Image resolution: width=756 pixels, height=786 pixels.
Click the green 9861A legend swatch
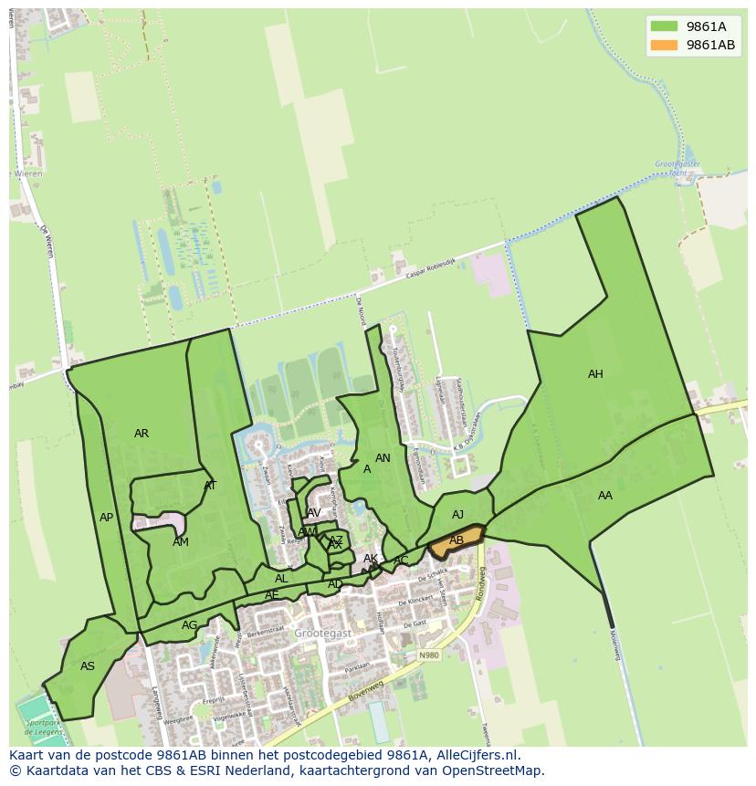[664, 26]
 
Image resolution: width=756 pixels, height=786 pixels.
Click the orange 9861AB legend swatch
[664, 45]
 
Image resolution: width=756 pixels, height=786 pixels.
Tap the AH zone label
[595, 374]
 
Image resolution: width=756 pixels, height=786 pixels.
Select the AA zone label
[605, 496]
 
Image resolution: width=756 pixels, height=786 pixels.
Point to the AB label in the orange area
[456, 540]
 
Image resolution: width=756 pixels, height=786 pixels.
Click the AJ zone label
[457, 515]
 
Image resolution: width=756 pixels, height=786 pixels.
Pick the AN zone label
[383, 458]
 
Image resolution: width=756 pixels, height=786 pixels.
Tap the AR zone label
[142, 434]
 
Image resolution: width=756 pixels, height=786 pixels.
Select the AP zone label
[107, 518]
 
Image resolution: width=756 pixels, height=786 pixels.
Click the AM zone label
[181, 542]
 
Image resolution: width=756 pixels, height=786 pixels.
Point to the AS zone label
[88, 666]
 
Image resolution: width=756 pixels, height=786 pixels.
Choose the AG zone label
[189, 625]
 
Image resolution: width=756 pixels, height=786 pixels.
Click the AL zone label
[281, 579]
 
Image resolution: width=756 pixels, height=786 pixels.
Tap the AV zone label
[314, 513]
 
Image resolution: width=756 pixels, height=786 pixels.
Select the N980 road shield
[429, 655]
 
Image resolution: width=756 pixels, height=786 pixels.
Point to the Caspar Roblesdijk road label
[429, 266]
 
